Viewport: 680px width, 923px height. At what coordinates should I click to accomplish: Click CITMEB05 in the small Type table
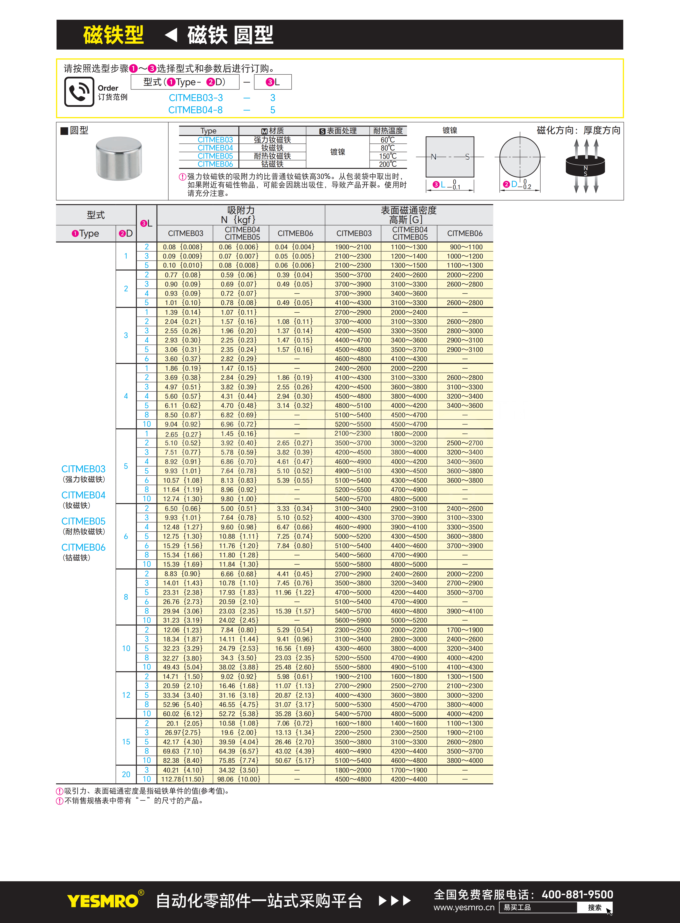click(x=215, y=156)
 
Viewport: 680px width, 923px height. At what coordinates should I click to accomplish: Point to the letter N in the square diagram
click(x=433, y=157)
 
